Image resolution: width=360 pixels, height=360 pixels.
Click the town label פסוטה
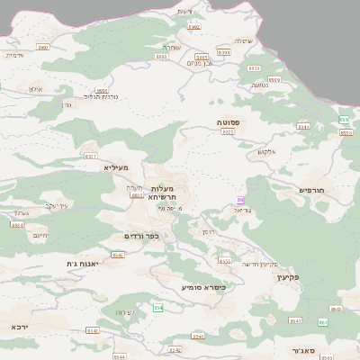227,121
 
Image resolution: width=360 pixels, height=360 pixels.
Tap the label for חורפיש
316,190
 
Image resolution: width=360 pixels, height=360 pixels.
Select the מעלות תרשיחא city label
167,192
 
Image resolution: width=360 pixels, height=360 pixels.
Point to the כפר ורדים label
141,236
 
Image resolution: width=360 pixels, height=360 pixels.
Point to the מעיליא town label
116,167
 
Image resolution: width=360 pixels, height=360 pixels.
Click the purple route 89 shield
240,200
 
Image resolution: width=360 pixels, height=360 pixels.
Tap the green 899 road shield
344,120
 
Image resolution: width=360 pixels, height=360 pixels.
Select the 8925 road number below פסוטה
227,132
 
